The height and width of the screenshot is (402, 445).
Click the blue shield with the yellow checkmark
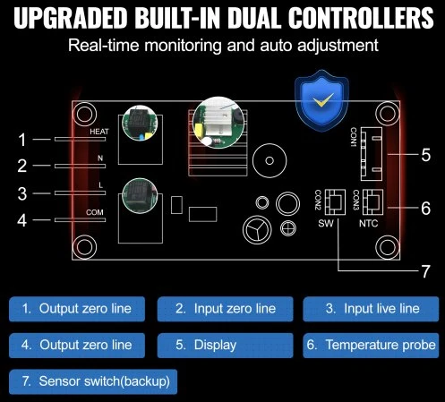(321, 101)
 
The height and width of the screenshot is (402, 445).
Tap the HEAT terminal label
(99, 132)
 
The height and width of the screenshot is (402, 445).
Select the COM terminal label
(95, 212)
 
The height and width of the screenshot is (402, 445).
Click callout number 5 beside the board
(426, 155)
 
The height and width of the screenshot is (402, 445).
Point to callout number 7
(425, 271)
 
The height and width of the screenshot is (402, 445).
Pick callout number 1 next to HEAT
(22, 140)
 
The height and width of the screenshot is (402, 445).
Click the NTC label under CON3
(368, 223)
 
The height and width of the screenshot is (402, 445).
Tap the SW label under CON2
(326, 223)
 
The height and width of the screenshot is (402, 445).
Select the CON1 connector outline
(372, 154)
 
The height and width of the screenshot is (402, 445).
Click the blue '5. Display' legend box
(225, 346)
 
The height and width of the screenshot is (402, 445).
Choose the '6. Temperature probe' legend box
(371, 346)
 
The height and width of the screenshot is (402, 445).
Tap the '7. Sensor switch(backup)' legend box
(93, 381)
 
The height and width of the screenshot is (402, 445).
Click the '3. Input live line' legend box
(371, 309)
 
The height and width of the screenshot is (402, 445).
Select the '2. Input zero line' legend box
(225, 309)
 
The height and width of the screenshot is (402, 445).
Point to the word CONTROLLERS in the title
(361, 18)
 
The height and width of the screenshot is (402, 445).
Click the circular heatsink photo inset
(218, 123)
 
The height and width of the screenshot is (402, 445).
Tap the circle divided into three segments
(257, 229)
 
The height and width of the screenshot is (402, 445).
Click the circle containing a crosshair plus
(288, 228)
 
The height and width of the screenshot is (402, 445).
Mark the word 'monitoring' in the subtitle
(183, 46)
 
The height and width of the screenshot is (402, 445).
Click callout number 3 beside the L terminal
(22, 193)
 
